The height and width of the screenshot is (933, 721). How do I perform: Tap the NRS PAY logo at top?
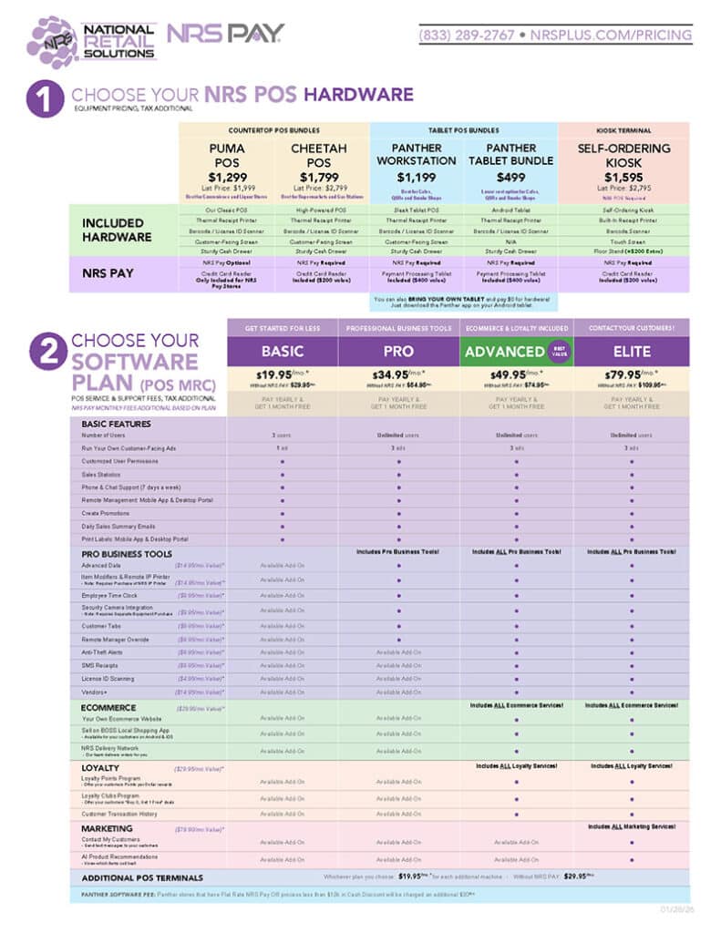(225, 35)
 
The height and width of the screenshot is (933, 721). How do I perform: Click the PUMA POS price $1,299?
(227, 178)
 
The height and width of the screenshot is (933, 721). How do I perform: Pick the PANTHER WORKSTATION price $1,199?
(416, 178)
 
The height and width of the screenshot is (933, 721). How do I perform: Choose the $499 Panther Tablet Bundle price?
(510, 178)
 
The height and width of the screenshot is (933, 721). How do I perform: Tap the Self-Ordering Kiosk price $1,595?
(624, 178)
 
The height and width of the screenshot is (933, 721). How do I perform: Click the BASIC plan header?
(282, 351)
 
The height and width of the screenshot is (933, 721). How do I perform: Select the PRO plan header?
(398, 351)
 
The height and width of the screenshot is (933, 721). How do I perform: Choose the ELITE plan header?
(632, 351)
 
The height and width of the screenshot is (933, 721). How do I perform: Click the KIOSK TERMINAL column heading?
(624, 130)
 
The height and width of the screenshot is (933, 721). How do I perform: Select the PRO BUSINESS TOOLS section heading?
(128, 554)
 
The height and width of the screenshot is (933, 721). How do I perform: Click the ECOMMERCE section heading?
(108, 707)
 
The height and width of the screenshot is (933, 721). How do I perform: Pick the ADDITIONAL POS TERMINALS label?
(142, 877)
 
